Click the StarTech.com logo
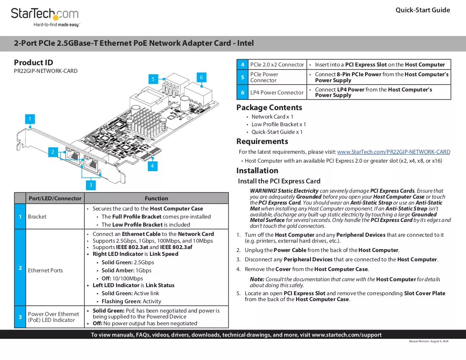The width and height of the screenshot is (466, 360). coord(45,17)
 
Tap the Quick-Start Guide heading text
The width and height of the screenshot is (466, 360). coord(423,10)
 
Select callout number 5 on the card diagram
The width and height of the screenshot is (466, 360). coord(153,79)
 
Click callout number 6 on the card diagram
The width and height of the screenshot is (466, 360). coord(201,78)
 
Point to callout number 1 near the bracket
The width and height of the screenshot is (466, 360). coord(30,119)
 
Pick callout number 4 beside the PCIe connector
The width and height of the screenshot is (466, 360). coord(152,166)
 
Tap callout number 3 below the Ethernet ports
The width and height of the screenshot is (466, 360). coord(91,185)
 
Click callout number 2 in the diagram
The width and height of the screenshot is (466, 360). coord(53,152)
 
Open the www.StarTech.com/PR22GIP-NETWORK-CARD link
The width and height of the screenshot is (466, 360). coord(394,152)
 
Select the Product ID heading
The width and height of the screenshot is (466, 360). coord(33,63)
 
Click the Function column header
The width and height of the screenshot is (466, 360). coord(156,198)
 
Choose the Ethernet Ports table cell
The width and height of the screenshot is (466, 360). coord(55,267)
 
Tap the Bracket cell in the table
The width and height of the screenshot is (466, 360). coord(55,216)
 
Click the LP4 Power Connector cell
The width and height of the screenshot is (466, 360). coord(277,92)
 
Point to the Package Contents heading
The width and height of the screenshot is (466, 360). coord(269,108)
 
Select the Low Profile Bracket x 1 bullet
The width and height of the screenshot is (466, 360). coord(278,124)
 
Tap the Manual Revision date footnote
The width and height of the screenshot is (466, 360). coord(429,341)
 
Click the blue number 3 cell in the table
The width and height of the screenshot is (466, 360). coord(20,317)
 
